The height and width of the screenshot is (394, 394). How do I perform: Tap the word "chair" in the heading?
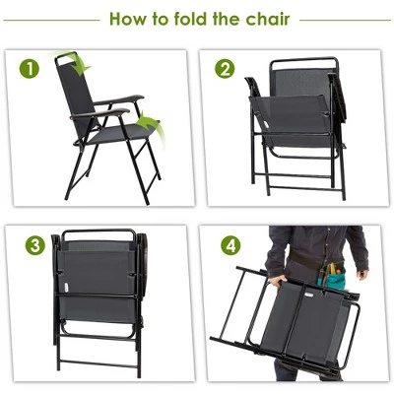[x=266, y=19]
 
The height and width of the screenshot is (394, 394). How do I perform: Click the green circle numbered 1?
[x=32, y=69]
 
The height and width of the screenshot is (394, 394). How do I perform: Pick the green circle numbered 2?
[x=226, y=69]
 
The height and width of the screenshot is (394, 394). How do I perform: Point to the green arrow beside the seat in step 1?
[x=148, y=123]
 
